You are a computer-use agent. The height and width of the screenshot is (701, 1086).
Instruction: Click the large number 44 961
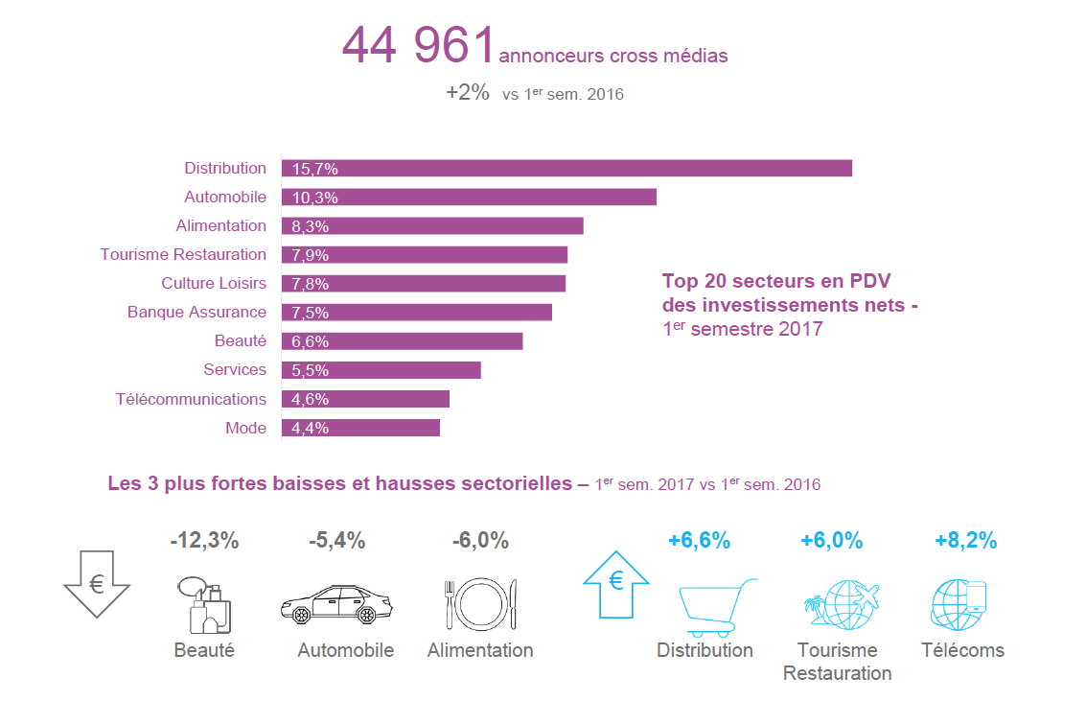point(418,46)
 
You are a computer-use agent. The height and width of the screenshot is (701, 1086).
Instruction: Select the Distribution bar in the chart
point(566,168)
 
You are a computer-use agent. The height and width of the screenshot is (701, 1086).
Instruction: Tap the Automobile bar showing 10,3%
point(469,197)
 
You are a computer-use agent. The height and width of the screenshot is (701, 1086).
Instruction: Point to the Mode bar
point(360,428)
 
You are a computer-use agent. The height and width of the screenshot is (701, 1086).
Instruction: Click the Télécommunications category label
point(191,399)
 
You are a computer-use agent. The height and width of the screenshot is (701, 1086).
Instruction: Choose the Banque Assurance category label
point(196,312)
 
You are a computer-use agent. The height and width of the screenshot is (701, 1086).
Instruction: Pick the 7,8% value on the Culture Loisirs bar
point(311,284)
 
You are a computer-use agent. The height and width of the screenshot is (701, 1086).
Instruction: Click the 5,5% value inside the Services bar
point(311,370)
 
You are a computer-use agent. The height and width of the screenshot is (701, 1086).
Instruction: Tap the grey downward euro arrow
point(97,583)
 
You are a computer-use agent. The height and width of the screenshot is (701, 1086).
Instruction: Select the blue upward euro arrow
point(615,582)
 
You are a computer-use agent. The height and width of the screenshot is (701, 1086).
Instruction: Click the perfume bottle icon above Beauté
point(203,604)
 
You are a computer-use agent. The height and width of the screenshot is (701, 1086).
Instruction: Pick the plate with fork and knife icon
point(480,604)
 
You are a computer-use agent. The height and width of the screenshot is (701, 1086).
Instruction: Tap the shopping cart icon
point(715,607)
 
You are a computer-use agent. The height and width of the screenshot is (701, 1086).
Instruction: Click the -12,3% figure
point(204,541)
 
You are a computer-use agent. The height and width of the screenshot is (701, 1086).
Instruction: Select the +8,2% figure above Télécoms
point(965,541)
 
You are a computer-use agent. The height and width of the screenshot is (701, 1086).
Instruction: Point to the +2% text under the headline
point(468,93)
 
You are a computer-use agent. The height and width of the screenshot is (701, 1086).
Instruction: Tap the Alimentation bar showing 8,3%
point(432,225)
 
